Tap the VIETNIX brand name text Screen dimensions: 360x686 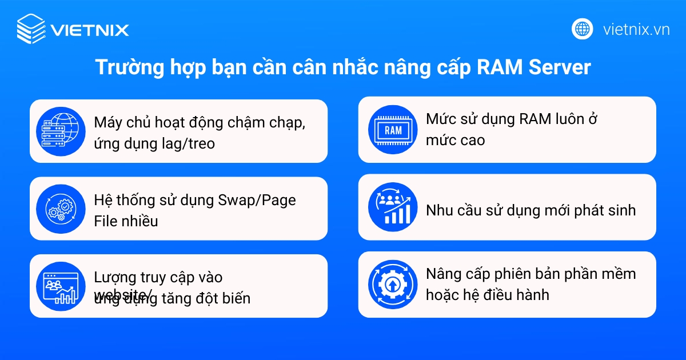click(x=90, y=30)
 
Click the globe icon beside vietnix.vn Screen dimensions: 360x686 click(x=583, y=29)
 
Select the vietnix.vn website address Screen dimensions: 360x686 click(x=636, y=29)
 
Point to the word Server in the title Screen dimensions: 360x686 click(x=560, y=67)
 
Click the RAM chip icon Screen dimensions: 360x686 click(x=393, y=130)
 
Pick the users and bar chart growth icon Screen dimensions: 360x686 click(x=393, y=207)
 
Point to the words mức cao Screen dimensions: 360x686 click(x=455, y=140)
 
